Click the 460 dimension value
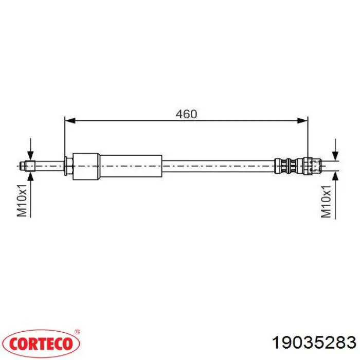click(x=186, y=114)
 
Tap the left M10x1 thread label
click(x=22, y=200)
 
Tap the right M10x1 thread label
click(x=326, y=202)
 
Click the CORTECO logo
click(x=41, y=344)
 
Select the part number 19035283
click(x=314, y=343)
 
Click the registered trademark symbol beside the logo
click(x=77, y=332)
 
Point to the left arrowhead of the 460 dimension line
click(x=70, y=120)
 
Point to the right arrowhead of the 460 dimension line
click(x=302, y=120)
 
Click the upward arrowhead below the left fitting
click(x=30, y=177)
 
